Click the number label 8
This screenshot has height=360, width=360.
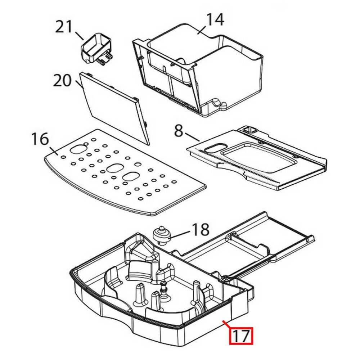pos(179,131)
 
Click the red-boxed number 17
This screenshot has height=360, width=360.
pos(242,336)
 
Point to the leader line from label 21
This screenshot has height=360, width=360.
pos(80,35)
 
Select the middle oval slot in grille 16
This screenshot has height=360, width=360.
pos(114,168)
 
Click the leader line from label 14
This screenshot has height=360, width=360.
pos(202,30)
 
